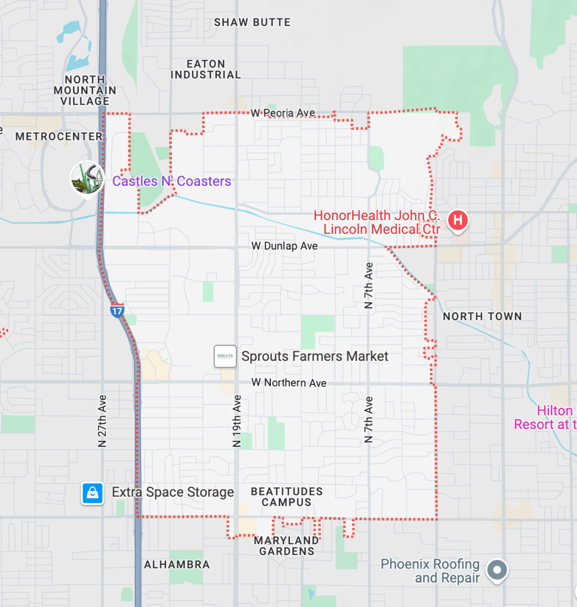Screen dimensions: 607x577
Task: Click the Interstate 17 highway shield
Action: point(117,310)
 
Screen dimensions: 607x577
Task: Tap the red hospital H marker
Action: point(457,221)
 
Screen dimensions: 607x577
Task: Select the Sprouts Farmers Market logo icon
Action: point(225,356)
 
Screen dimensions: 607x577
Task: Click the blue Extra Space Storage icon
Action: point(93,492)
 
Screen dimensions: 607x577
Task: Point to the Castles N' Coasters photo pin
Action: point(87,177)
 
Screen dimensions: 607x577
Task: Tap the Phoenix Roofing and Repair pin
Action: point(497,570)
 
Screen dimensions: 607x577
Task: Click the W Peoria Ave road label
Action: point(282,113)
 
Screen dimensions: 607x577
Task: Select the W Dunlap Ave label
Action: point(284,246)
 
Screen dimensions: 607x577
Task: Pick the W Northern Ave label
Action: point(288,383)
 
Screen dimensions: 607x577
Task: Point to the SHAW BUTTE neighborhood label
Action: point(252,23)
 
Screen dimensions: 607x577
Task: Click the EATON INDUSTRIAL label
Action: point(206,69)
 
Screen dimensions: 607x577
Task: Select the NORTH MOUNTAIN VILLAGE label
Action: point(85,90)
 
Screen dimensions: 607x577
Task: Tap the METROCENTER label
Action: point(59,136)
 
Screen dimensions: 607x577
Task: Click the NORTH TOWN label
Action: point(482,316)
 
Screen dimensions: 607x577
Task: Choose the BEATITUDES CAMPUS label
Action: point(286,497)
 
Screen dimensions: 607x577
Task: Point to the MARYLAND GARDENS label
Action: point(286,546)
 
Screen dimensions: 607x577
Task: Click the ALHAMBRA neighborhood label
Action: point(177,564)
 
